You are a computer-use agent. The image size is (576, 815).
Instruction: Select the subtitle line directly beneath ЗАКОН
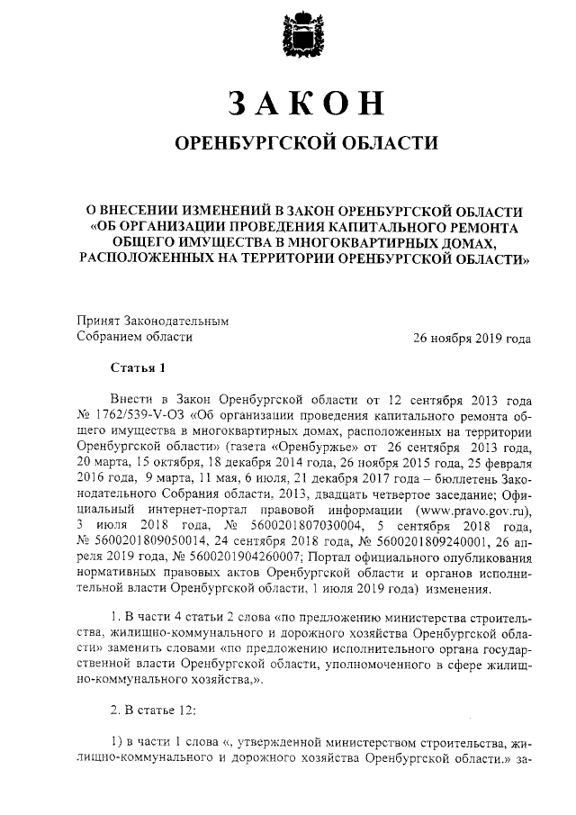(301, 145)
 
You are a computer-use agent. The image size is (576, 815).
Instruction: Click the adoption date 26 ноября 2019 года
(471, 338)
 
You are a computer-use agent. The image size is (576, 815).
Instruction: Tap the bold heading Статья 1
(139, 367)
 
